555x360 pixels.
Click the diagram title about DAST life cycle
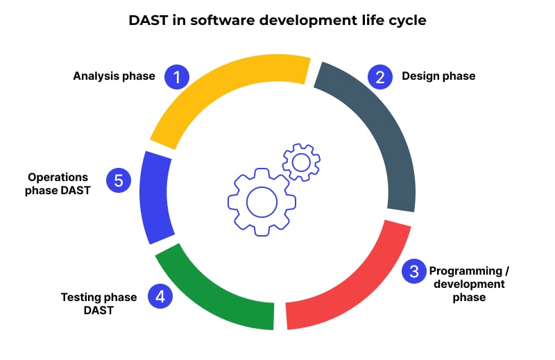[277, 21]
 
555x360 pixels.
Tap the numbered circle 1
[176, 76]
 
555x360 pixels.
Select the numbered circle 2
[379, 76]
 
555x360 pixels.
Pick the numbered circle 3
[414, 271]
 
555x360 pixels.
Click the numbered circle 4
[160, 297]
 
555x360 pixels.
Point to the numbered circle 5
[119, 180]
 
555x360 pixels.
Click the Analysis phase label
[114, 76]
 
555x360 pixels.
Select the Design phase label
[438, 76]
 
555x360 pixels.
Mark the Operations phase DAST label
[58, 184]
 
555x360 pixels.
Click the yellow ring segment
[222, 90]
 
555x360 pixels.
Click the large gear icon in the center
[262, 202]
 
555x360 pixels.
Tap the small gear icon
[301, 163]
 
